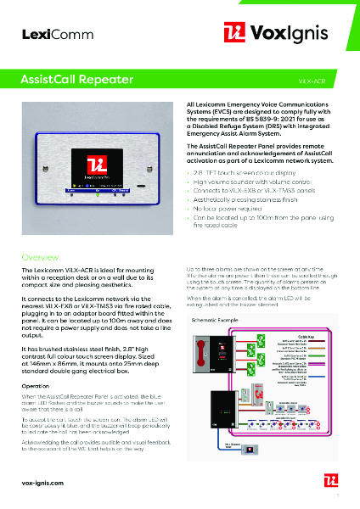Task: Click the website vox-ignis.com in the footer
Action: [43, 482]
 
